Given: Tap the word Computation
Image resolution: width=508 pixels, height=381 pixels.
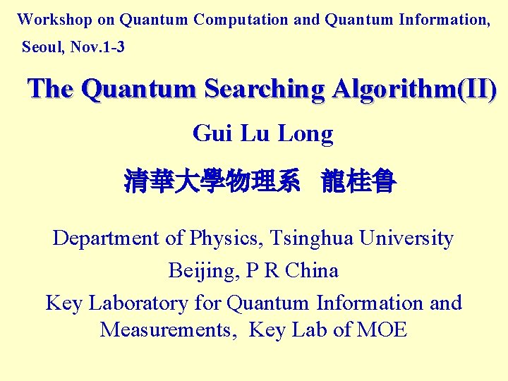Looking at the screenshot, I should [241, 20].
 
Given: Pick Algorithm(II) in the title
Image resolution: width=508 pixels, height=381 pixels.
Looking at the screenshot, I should [416, 90].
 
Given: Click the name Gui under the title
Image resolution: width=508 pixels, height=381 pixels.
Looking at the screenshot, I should [212, 133].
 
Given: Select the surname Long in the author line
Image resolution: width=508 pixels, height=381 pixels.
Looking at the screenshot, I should [306, 133].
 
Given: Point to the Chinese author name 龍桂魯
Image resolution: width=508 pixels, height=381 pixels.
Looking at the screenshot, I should [358, 182].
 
